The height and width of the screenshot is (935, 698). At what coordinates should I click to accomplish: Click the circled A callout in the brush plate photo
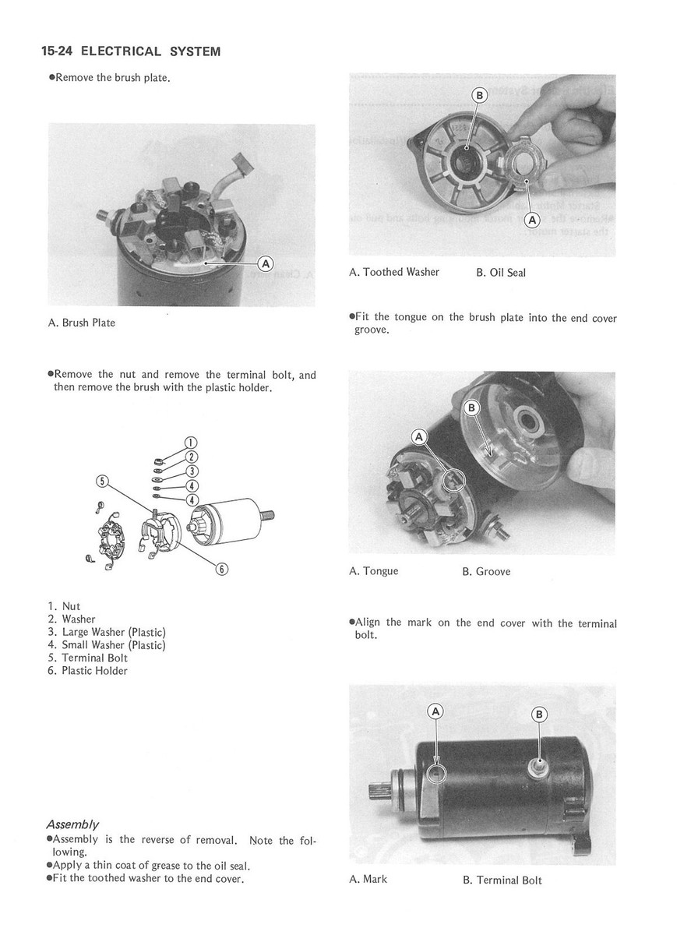[x=264, y=263]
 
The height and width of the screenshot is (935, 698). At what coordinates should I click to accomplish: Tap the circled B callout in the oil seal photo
[x=480, y=96]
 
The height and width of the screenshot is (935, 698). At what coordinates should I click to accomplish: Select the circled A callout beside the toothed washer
[x=533, y=220]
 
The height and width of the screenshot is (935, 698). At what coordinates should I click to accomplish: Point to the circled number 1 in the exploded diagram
[x=189, y=445]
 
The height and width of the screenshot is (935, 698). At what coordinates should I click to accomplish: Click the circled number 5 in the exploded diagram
[x=101, y=480]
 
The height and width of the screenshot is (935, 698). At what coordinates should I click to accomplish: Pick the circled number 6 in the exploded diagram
[x=221, y=569]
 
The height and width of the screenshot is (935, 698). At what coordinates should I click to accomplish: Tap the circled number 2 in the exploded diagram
[x=189, y=457]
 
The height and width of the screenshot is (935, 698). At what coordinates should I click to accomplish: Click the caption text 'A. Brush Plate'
[x=81, y=323]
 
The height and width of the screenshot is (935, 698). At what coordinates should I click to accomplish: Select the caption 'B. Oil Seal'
[x=500, y=272]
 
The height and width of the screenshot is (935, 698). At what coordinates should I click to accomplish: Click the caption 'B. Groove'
[x=486, y=571]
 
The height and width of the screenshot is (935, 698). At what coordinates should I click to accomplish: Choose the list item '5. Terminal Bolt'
[x=87, y=658]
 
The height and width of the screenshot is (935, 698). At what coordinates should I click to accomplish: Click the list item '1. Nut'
[x=64, y=606]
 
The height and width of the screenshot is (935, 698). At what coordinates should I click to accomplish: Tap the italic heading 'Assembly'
[x=72, y=824]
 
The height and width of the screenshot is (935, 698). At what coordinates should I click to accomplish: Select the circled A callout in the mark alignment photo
[x=436, y=711]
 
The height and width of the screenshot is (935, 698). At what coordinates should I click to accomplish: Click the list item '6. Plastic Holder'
[x=87, y=671]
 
